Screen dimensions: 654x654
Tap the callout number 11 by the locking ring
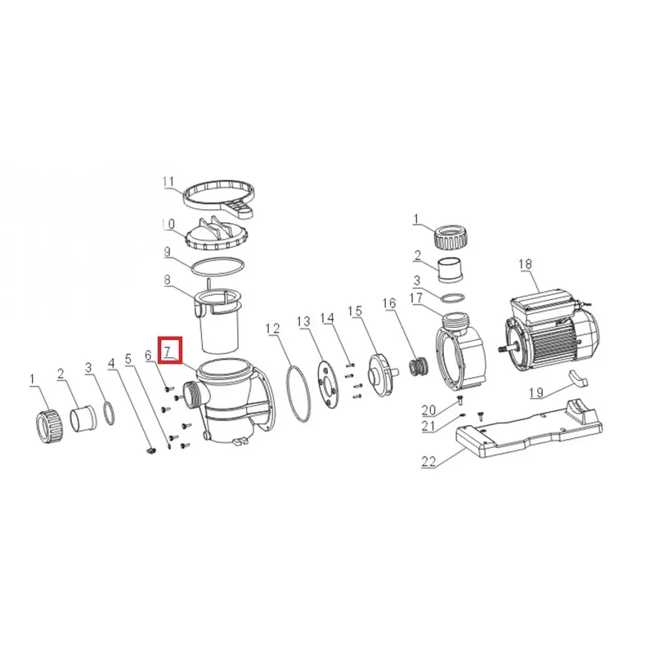tap(168, 181)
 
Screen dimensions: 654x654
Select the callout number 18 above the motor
tap(526, 264)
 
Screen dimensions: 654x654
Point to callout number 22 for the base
tap(428, 461)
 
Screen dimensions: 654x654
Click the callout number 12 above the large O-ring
tap(273, 329)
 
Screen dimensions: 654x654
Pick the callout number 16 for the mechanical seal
tap(389, 303)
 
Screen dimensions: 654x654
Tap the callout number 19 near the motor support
tap(536, 392)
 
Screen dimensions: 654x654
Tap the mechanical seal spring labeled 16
tap(418, 366)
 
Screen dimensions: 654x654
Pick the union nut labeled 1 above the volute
tap(451, 238)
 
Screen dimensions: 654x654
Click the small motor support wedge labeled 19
tap(578, 379)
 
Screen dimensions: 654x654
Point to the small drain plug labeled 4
tap(151, 450)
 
